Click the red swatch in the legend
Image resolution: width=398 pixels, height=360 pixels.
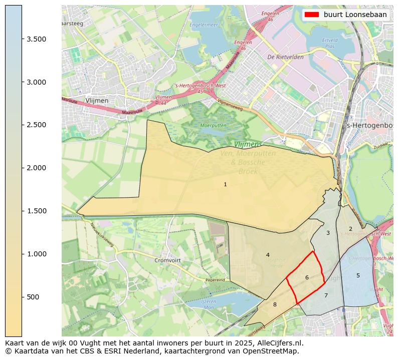[x=312, y=15]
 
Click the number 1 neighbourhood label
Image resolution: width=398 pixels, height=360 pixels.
[x=225, y=185]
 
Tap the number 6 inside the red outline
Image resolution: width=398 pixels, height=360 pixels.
[x=307, y=277]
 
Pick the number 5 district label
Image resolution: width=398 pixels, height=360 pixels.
[x=358, y=275]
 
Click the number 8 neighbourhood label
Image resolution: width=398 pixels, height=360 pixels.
[x=275, y=304]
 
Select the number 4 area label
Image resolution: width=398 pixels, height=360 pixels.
[x=268, y=255]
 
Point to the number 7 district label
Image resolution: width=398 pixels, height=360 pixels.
[x=326, y=295]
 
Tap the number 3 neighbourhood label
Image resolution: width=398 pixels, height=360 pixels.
[x=328, y=233]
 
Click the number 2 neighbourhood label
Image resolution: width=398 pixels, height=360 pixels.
[x=350, y=229]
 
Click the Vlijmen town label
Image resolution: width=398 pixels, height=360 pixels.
[x=97, y=101]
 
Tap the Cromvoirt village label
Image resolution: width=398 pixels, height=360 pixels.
[x=167, y=260]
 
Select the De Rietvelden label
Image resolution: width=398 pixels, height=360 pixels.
[x=286, y=57]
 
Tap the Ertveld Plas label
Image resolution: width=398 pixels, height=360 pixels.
[x=330, y=43]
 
